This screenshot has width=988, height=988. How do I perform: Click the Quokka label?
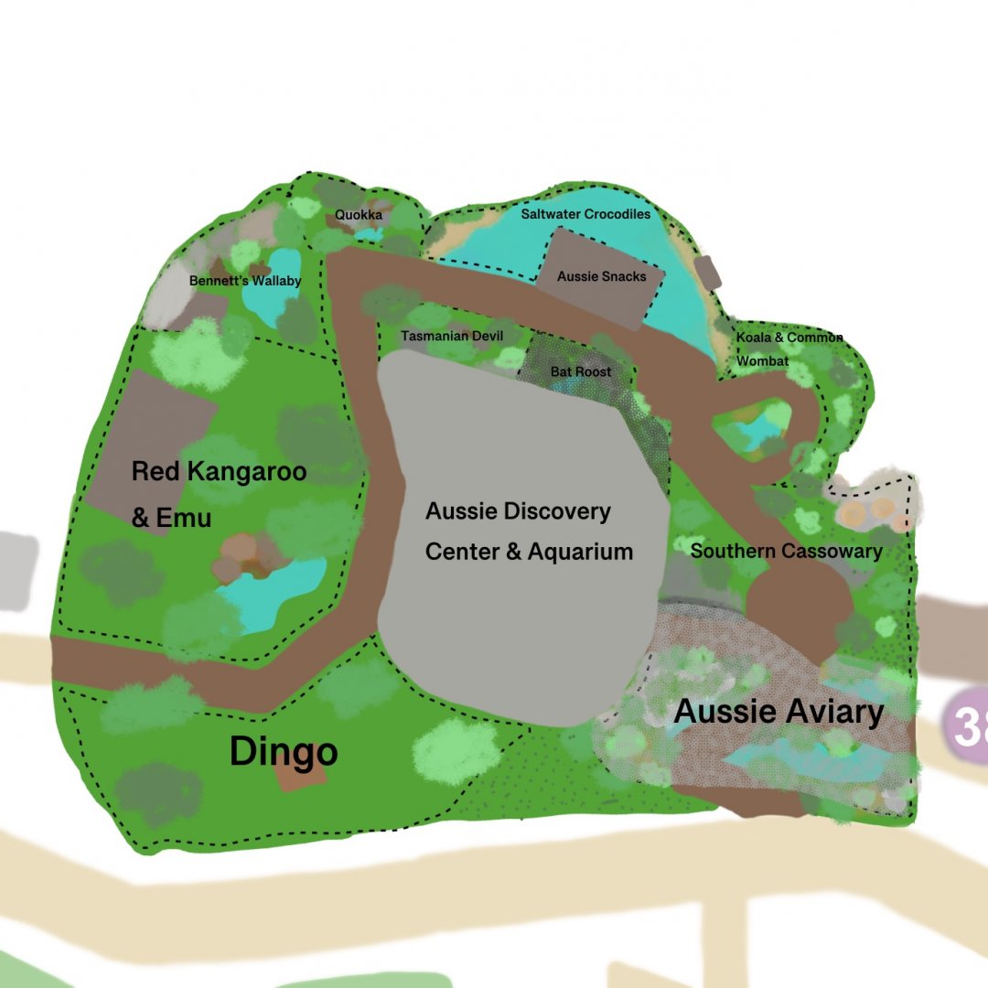358,215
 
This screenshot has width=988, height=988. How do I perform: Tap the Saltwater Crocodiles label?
585,214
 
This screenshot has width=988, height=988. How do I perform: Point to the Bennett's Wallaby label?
245,281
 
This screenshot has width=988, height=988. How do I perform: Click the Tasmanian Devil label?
452,337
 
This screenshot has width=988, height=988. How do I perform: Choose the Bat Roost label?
580,372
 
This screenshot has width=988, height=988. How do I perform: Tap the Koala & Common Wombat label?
789,349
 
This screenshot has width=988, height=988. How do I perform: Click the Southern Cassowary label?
786,551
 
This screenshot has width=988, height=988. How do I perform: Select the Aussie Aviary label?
779,712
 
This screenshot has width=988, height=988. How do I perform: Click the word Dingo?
283,752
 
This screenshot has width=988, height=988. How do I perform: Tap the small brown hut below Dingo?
300,776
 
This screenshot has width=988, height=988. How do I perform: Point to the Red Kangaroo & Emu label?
218,494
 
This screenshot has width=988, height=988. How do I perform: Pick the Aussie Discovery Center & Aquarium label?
528,531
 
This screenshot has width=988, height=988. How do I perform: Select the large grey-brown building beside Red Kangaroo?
151,439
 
